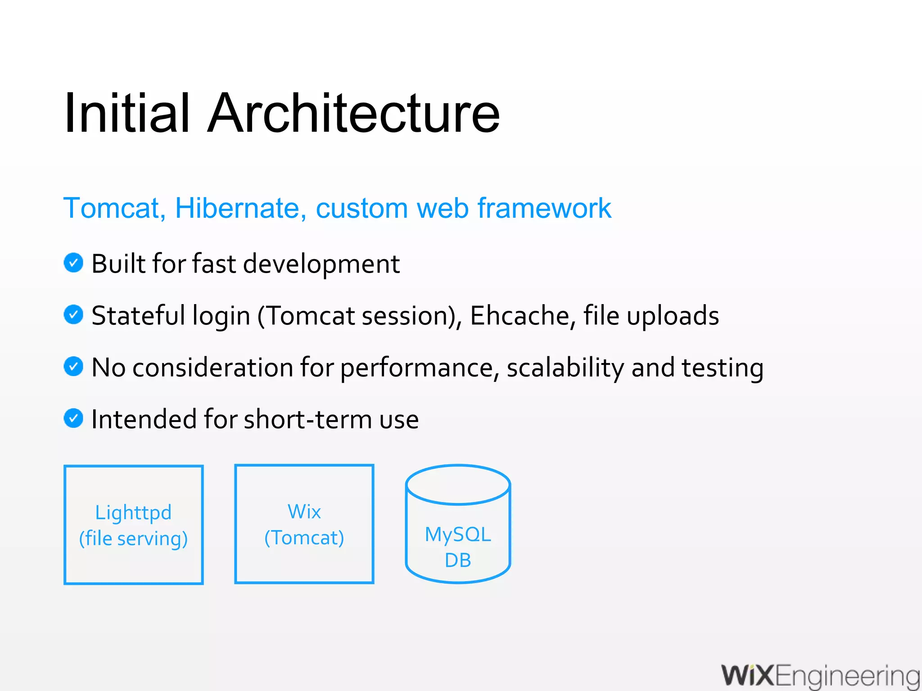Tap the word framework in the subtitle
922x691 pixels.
[544, 208]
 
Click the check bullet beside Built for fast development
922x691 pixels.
[73, 263]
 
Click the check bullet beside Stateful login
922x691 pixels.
[73, 314]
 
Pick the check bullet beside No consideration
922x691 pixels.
[73, 366]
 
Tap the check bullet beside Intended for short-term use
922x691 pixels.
[73, 418]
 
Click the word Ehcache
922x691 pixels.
[520, 315]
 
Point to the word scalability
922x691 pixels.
[565, 368]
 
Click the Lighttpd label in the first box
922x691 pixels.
[133, 512]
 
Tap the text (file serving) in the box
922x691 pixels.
[133, 538]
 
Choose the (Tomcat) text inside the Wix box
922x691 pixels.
[304, 538]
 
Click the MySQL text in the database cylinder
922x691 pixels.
[458, 534]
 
